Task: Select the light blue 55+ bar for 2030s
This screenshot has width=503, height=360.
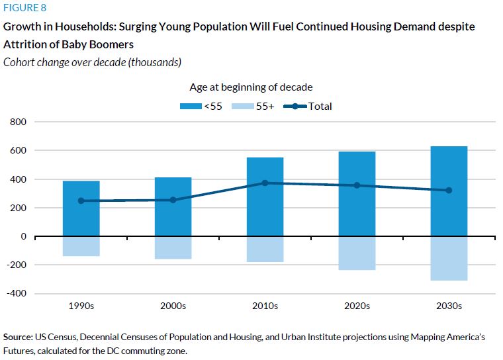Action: pyautogui.click(x=449, y=258)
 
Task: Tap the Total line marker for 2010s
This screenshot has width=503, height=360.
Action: pyautogui.click(x=265, y=183)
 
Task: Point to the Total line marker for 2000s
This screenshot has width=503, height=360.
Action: pyautogui.click(x=173, y=200)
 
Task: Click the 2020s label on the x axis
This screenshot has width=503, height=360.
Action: pyautogui.click(x=357, y=306)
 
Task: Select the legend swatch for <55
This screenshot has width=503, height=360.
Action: pyautogui.click(x=191, y=107)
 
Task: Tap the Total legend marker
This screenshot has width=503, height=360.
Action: pyautogui.click(x=296, y=107)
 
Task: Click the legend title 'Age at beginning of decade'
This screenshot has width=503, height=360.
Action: pyautogui.click(x=251, y=87)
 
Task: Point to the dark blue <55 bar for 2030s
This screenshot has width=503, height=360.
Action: pyautogui.click(x=449, y=191)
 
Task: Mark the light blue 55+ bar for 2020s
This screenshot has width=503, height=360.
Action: pyautogui.click(x=357, y=253)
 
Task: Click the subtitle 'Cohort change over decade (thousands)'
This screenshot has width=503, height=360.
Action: pyautogui.click(x=92, y=62)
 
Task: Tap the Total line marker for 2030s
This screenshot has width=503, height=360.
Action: pyautogui.click(x=449, y=191)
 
